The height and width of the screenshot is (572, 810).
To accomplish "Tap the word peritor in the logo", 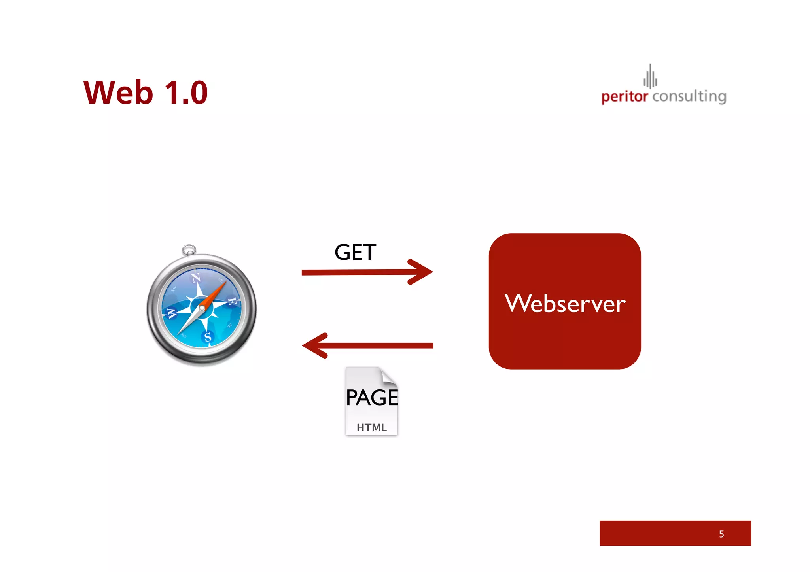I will (x=625, y=96).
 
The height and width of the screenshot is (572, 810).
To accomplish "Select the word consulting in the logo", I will (x=689, y=96).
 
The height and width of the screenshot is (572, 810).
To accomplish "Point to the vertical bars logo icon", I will (x=650, y=76).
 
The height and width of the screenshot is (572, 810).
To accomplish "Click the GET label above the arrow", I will (x=355, y=252).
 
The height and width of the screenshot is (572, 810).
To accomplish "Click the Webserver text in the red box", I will (x=565, y=304).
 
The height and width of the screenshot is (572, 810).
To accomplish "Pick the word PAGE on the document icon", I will (x=372, y=398).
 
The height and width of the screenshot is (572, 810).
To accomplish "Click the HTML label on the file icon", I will (x=371, y=427).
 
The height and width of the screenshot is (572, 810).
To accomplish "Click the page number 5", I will (x=721, y=534).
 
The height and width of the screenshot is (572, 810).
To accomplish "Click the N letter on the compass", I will (x=196, y=278).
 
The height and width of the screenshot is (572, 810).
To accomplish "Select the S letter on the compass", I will (x=208, y=337).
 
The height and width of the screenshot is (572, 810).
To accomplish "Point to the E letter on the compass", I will (x=232, y=302).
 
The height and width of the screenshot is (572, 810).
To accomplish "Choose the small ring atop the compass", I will (x=189, y=250).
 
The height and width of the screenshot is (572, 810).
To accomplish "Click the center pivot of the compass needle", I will (x=202, y=308).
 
